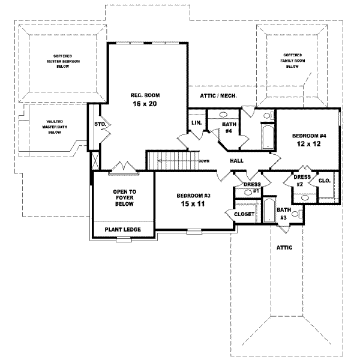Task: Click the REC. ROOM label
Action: [145, 95]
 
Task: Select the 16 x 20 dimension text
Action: [145, 104]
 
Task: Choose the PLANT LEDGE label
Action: [122, 229]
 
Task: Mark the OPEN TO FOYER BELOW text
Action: [123, 198]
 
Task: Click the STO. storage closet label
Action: [100, 125]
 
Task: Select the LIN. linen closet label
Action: [196, 122]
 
